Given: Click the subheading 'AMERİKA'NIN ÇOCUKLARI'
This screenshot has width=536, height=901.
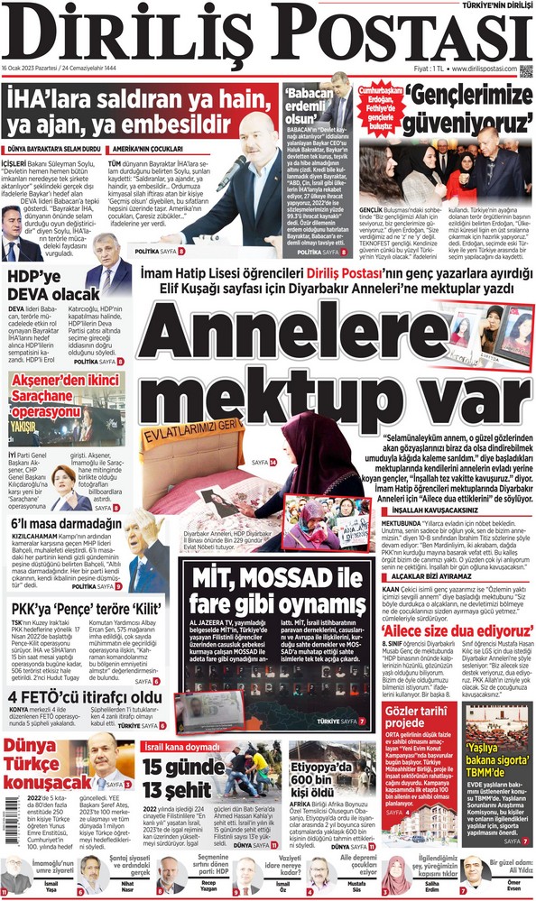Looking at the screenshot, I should [x=148, y=149].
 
